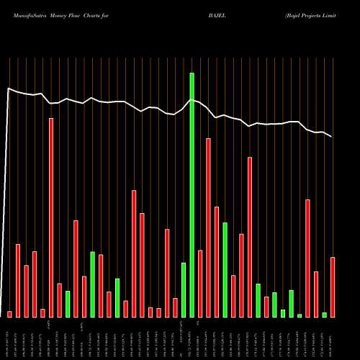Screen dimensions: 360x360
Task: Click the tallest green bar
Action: tap(192, 194)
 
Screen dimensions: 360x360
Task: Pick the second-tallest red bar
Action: tap(209, 228)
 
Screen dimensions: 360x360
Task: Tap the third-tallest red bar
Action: tap(250, 237)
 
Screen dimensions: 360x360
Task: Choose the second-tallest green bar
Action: tap(225, 269)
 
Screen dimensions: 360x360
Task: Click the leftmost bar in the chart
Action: tap(10, 314)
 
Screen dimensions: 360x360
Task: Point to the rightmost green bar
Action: tap(325, 315)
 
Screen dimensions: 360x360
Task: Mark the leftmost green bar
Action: tap(68, 304)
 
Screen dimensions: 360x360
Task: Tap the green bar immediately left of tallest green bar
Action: tap(184, 289)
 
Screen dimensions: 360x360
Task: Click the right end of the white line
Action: tap(332, 136)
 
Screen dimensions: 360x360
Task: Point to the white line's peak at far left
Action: tap(9, 89)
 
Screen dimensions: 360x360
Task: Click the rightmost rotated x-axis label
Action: tap(333, 338)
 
